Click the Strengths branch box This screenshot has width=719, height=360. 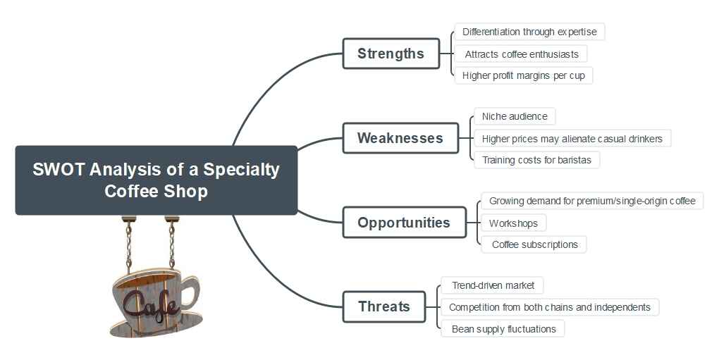[391, 54]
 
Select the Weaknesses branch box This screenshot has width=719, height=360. [400, 138]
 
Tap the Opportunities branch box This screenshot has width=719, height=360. [403, 223]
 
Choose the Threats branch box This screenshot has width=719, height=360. [383, 306]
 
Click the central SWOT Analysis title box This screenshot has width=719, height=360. [156, 180]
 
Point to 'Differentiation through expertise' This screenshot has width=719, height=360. [529, 32]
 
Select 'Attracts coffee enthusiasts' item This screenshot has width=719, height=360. [521, 54]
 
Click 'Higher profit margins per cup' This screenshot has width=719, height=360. [523, 75]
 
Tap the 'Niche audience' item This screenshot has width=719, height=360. [514, 116]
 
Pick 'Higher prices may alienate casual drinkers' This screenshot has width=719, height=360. [572, 139]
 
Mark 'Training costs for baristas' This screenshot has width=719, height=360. [536, 160]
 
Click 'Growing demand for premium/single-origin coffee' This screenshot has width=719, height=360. [591, 201]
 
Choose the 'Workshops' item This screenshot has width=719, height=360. [513, 223]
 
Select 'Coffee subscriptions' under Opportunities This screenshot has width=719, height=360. [534, 244]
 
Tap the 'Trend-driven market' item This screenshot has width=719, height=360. [493, 285]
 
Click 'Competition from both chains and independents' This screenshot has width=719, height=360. [549, 307]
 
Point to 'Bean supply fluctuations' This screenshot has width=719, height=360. [503, 329]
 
